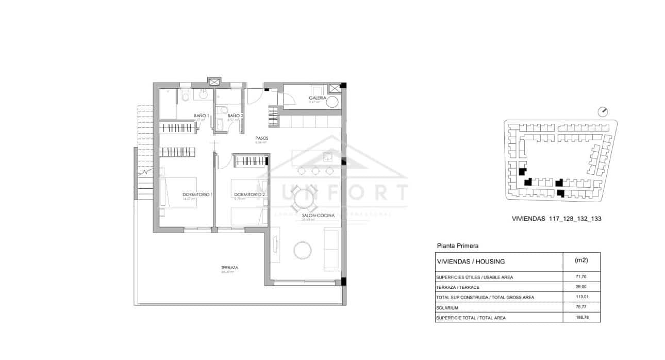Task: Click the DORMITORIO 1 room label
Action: coord(198,194)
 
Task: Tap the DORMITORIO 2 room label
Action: coord(250,194)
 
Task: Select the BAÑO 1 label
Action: coord(201,116)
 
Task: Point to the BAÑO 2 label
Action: coord(235,116)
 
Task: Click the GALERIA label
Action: coord(317,98)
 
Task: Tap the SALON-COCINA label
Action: coord(315,216)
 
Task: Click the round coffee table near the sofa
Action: coord(303,251)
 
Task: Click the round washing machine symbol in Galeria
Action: coord(333,102)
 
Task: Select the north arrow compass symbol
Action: coord(604,111)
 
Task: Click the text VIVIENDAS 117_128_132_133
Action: coord(557,219)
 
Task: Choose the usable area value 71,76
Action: coord(581,277)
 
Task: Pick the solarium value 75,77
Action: coord(581,307)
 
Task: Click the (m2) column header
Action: coord(581,260)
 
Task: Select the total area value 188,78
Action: coord(581,318)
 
